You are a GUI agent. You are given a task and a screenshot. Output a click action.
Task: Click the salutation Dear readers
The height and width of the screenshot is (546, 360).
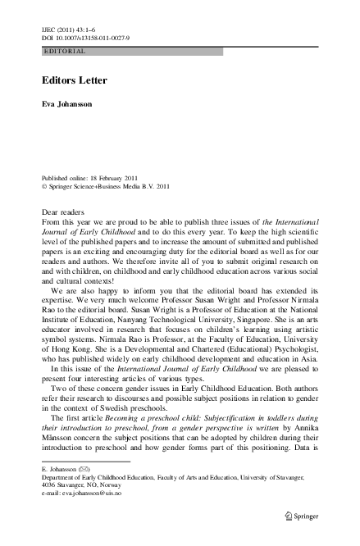pyautogui.click(x=62, y=212)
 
